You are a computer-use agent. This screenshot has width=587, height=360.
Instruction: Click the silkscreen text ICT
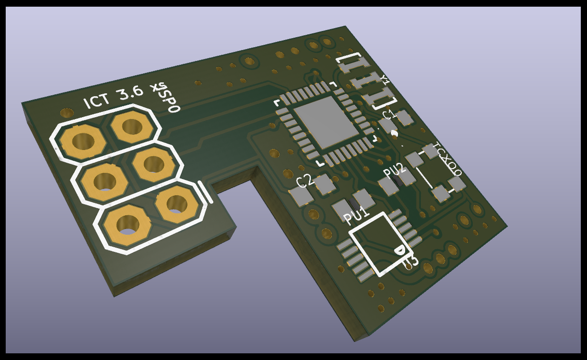pyautogui.click(x=97, y=101)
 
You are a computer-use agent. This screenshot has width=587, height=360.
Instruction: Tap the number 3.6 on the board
pyautogui.click(x=131, y=93)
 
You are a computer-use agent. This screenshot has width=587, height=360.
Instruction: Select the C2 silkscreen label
pyautogui.click(x=305, y=181)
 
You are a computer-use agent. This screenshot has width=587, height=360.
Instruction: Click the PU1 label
pyautogui.click(x=357, y=215)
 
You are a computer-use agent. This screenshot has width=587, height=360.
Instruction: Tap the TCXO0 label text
pyautogui.click(x=448, y=160)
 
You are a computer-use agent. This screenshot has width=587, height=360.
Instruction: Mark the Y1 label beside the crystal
pyautogui.click(x=384, y=80)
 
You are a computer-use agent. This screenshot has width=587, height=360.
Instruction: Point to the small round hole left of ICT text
pyautogui.click(x=67, y=113)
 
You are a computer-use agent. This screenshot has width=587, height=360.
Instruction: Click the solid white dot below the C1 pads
pyautogui.click(x=394, y=134)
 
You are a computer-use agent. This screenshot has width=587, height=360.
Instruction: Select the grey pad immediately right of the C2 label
pyautogui.click(x=325, y=184)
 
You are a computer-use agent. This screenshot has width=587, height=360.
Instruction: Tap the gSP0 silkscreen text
pyautogui.click(x=167, y=98)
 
